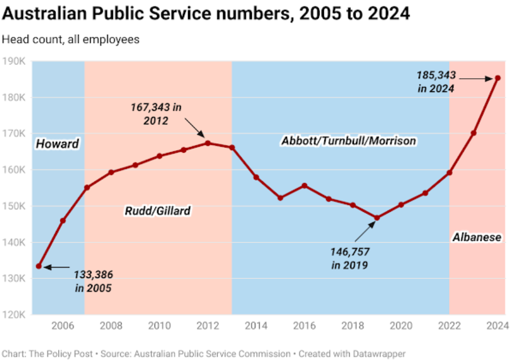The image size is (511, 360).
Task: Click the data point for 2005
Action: click(x=39, y=266)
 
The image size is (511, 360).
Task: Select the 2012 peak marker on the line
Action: click(x=208, y=143)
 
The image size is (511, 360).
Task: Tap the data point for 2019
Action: click(x=377, y=218)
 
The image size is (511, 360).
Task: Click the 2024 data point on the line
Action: click(x=498, y=78)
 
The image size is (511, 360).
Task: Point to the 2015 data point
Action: click(x=280, y=198)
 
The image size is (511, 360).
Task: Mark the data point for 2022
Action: click(x=449, y=172)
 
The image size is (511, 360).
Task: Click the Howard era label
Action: click(x=57, y=144)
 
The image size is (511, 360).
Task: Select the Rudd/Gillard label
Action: click(x=157, y=211)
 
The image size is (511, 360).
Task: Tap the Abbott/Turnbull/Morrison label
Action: click(x=348, y=140)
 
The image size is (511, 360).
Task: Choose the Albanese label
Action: click(x=477, y=237)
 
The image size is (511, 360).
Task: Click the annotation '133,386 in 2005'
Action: click(x=93, y=281)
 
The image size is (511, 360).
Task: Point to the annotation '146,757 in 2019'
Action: click(x=349, y=258)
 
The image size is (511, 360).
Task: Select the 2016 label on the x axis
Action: click(x=305, y=326)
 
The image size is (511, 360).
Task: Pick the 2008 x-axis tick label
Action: click(x=111, y=326)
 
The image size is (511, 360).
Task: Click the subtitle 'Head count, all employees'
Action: click(x=71, y=40)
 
